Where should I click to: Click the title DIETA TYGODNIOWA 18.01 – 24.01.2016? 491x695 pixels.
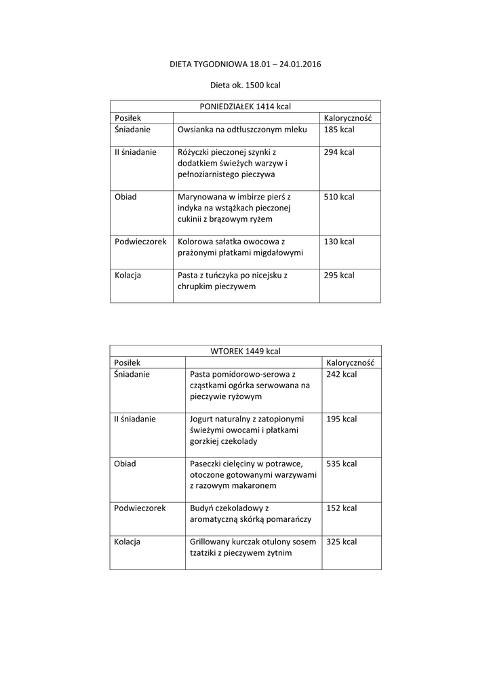click(x=245, y=64)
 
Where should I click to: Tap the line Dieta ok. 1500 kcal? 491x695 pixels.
click(x=245, y=86)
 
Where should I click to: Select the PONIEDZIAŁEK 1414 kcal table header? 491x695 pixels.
click(x=245, y=107)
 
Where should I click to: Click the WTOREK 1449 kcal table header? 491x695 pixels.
click(x=245, y=351)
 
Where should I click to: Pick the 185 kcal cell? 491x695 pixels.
click(x=339, y=129)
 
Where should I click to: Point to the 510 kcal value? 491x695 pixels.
click(x=339, y=197)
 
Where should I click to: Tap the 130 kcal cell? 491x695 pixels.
click(x=339, y=242)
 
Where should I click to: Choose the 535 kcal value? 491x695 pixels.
click(x=342, y=464)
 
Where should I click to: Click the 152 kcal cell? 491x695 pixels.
click(x=342, y=508)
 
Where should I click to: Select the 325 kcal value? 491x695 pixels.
click(x=342, y=542)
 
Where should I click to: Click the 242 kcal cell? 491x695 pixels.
click(x=342, y=374)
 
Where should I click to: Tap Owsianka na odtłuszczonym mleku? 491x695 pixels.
click(x=242, y=129)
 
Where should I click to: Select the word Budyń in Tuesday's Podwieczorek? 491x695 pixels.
click(x=203, y=508)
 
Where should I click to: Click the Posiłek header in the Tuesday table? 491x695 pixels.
click(x=127, y=362)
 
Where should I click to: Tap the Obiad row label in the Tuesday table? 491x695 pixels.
click(x=125, y=464)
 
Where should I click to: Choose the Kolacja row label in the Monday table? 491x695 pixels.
click(x=127, y=275)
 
